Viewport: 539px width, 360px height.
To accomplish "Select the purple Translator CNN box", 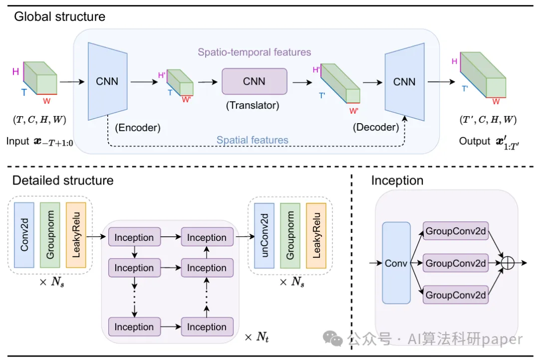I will pyautogui.click(x=255, y=81).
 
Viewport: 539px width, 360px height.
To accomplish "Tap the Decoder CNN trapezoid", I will pyautogui.click(x=404, y=81).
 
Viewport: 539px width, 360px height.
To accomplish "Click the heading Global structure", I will pyautogui.click(x=59, y=16).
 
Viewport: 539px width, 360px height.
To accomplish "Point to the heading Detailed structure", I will pyautogui.click(x=63, y=180).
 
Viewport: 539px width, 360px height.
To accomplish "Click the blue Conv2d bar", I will pyautogui.click(x=24, y=234).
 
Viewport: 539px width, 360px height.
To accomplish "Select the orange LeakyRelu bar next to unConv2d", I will pyautogui.click(x=316, y=234).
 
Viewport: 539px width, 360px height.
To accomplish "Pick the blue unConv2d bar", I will pyautogui.click(x=264, y=234).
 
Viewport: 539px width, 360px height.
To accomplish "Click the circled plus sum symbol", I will pyautogui.click(x=507, y=263).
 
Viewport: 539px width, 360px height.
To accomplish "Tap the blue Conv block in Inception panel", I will pyautogui.click(x=396, y=263).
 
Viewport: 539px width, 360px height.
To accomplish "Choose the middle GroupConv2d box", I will pyautogui.click(x=456, y=263).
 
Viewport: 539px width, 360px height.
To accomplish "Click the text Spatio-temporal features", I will pyautogui.click(x=254, y=52).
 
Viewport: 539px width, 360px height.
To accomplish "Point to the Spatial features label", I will pyautogui.click(x=253, y=140).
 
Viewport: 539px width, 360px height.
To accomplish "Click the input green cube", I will pyautogui.click(x=40, y=78).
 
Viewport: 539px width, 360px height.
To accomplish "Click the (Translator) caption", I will pyautogui.click(x=253, y=105).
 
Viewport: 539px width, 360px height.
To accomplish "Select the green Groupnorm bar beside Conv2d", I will pyautogui.click(x=50, y=234).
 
